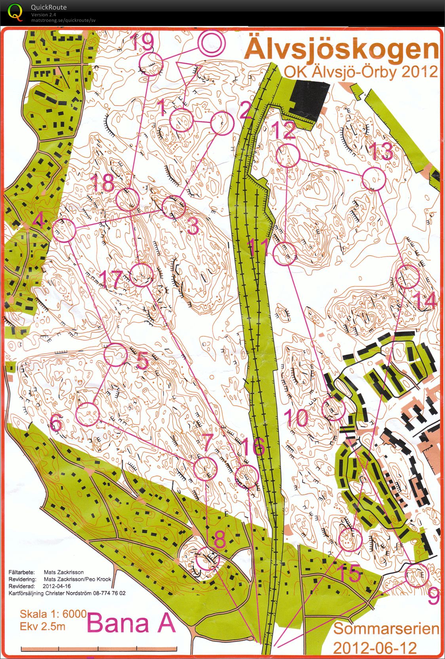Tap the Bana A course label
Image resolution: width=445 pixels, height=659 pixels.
pos(131,623)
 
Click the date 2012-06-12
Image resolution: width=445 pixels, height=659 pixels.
pos(375,648)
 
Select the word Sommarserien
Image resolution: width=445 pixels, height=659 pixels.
pos(386,629)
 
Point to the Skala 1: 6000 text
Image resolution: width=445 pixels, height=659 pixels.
pos(53,614)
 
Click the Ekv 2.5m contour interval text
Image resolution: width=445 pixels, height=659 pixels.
pos(43,626)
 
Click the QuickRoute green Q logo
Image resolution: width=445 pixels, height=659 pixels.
pos(15,12)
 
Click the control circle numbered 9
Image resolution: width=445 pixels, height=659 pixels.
pos(417,575)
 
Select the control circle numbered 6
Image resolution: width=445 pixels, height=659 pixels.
pos(87,414)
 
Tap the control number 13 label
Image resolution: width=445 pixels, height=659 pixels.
pos(381,152)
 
